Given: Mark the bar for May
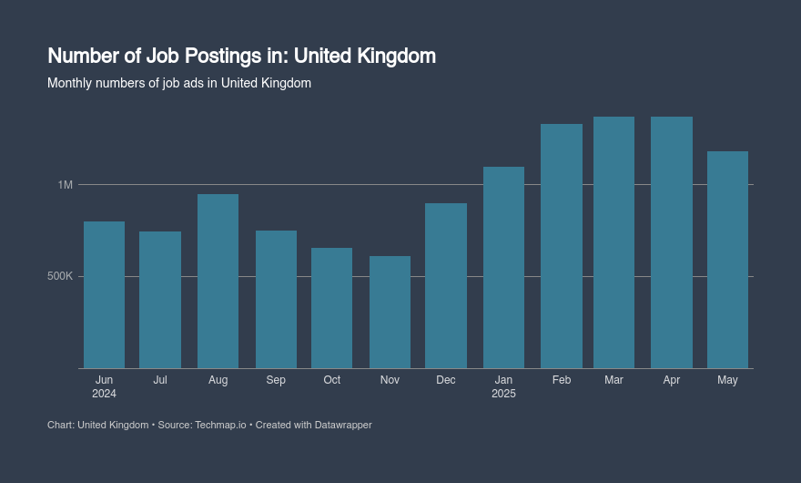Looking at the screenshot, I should (x=727, y=260).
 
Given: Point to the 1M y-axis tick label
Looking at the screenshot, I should (x=65, y=185).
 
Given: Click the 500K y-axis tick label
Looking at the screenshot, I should (x=59, y=276).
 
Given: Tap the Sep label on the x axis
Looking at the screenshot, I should (x=276, y=380).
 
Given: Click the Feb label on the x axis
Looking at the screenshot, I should (x=562, y=380).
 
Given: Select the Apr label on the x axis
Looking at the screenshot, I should (x=672, y=380).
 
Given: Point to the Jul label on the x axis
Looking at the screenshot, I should (x=160, y=380).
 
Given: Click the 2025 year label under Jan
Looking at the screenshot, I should (x=503, y=394).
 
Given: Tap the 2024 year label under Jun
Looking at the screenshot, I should (x=104, y=394).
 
